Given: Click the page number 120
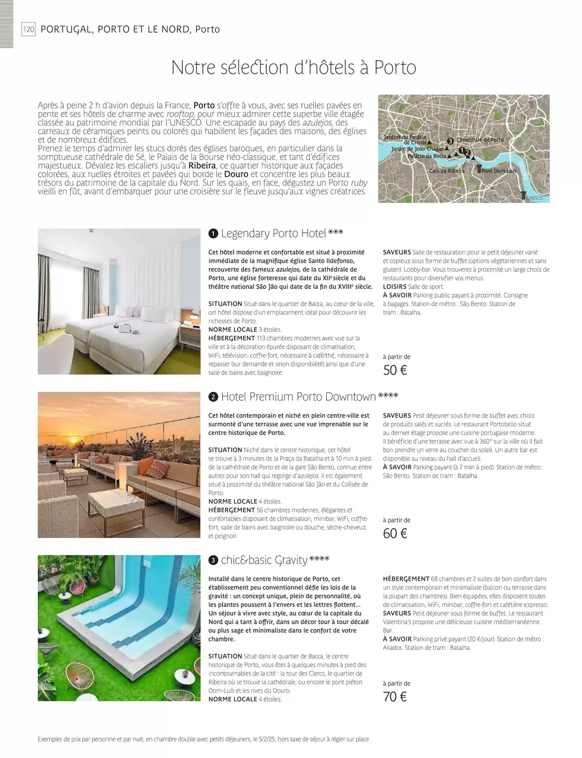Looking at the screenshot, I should pos(29,30).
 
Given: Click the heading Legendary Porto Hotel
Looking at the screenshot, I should pos(273,234).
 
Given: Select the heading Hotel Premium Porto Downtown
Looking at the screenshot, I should pos(298,397).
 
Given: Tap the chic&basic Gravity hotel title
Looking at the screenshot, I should pos(264,561).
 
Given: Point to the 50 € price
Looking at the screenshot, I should pos(395,371).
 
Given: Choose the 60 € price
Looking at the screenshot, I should pos(395,534).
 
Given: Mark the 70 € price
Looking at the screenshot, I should pos(395,697).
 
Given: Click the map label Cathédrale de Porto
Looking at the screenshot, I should pos(480,140).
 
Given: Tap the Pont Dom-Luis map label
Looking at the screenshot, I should pos(499,171).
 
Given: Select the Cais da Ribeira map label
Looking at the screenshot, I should pos(447,171).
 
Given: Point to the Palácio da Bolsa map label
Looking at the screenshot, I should pos(426,156).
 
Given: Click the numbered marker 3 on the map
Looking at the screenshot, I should pos(450,141).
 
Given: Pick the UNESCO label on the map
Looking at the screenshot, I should pos(534,198).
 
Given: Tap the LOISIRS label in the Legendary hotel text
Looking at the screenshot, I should pos(394,287).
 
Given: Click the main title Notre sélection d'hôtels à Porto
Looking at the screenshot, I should pos(294,67).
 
